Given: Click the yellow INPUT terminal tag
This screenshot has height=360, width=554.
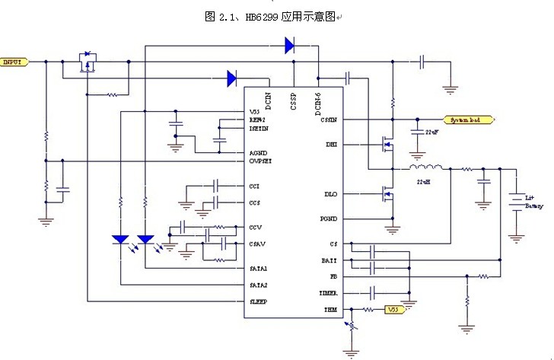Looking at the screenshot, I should coord(14,62).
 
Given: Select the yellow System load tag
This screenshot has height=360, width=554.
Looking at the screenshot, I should coord(468,120).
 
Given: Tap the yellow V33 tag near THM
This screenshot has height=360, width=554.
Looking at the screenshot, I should coord(392,310).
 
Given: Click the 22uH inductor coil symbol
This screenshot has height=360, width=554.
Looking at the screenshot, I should coord(427,168).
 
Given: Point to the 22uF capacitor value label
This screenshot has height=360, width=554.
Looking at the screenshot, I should coord(431,133).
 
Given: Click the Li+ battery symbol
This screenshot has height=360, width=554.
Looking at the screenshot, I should coord(517,200).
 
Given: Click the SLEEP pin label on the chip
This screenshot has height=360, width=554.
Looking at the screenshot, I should coord(259,301).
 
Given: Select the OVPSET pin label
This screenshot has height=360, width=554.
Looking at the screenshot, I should coord(261,161).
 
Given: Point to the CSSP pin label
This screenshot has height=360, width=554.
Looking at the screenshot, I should coord(293,102).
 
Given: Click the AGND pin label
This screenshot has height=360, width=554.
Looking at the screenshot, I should coord(257,153).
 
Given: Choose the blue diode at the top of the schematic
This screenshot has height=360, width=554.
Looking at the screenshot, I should coord(290,46).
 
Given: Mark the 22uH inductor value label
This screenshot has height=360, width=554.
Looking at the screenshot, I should coord(422,183).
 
